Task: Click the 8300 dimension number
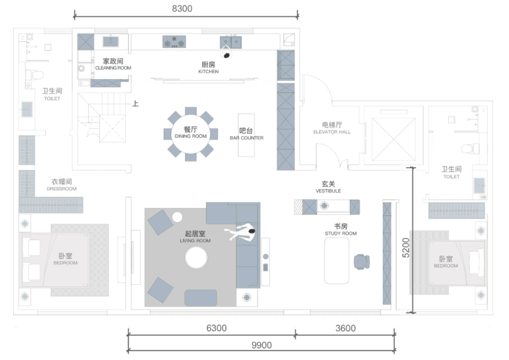point(182,8)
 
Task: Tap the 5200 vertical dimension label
point(406,248)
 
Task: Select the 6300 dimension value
point(217,328)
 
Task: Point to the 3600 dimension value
point(345,328)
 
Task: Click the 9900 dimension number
point(261,345)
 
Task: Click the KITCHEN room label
point(208,72)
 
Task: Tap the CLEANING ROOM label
point(113,68)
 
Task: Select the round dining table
point(191,134)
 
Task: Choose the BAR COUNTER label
point(247,138)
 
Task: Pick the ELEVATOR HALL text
point(332,132)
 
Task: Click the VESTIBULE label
point(328,191)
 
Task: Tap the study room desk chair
point(362,262)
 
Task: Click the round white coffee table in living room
point(196,257)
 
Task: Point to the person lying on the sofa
point(240,233)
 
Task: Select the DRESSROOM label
point(62,189)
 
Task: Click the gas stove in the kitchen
point(174,42)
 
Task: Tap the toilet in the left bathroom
point(34,76)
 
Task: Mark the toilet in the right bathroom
point(470,149)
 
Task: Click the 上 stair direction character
point(136,104)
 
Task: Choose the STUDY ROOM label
point(341,233)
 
